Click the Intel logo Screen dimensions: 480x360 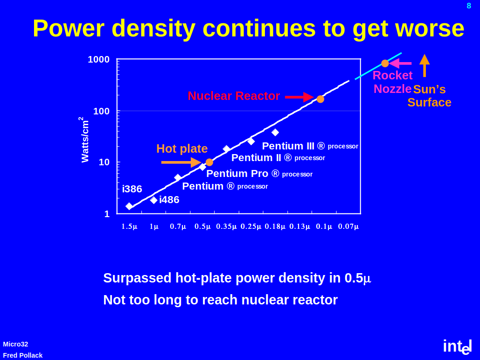pyautogui.click(x=457, y=346)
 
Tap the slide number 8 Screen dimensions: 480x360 pyautogui.click(x=469, y=6)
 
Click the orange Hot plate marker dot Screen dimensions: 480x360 pyautogui.click(x=209, y=162)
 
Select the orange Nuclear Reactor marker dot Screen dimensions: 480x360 pyautogui.click(x=320, y=99)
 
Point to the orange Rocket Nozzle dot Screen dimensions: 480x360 pyautogui.click(x=385, y=64)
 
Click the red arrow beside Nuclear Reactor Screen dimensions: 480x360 pyautogui.click(x=299, y=97)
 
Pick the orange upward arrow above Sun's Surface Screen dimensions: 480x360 pyautogui.click(x=424, y=65)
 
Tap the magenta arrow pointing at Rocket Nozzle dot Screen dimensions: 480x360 pyautogui.click(x=400, y=64)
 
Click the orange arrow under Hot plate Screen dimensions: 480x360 pyautogui.click(x=181, y=162)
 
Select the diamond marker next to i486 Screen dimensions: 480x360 pyautogui.click(x=153, y=200)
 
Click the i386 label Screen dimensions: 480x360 pyautogui.click(x=132, y=189)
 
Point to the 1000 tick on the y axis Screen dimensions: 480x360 pyautogui.click(x=98, y=59)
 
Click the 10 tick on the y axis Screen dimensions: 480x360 pyautogui.click(x=104, y=162)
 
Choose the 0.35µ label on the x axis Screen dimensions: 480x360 pyautogui.click(x=227, y=226)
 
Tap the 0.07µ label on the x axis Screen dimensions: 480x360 pyautogui.click(x=348, y=226)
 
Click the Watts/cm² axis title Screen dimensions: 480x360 pyautogui.click(x=84, y=140)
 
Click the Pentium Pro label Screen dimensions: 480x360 pyautogui.click(x=237, y=174)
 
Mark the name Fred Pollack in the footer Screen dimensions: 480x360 pyautogui.click(x=23, y=355)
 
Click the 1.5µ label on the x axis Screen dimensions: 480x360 pyautogui.click(x=130, y=226)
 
